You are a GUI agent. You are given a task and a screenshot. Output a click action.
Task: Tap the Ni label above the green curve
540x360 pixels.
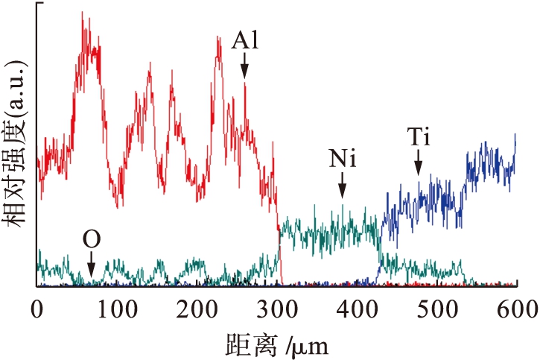point(342,159)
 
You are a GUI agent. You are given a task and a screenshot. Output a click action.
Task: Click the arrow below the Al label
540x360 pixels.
point(244,68)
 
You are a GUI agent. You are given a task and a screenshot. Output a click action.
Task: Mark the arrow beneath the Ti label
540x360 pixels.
point(419,163)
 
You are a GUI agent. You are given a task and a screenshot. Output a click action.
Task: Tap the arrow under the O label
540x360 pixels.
point(91,265)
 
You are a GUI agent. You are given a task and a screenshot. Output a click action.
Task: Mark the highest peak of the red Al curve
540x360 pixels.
point(82,13)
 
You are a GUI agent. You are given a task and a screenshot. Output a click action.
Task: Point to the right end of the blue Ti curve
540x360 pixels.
point(515,136)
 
